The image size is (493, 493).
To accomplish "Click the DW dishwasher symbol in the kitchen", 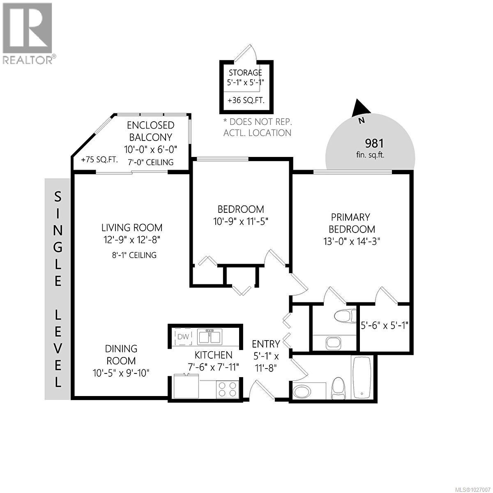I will (x=183, y=337).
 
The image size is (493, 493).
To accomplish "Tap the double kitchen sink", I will (x=210, y=337).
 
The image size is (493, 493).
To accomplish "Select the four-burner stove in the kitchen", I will (x=227, y=389).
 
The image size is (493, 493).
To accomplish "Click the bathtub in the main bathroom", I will (x=362, y=378).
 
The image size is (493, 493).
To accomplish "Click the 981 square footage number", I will (x=374, y=143).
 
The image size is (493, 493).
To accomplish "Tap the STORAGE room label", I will (x=245, y=73).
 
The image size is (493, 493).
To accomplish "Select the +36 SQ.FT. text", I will (x=246, y=100).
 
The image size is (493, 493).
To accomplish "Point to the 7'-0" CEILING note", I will (x=149, y=162).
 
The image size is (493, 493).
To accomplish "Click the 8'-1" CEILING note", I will (x=131, y=255).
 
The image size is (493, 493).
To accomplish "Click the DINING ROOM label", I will (x=121, y=355).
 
